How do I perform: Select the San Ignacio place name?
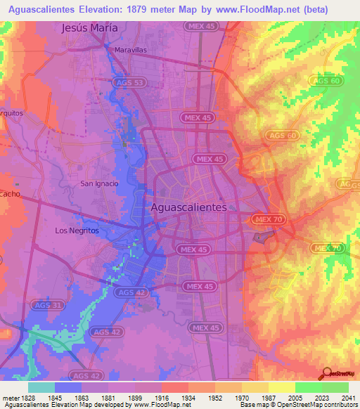point(98,183)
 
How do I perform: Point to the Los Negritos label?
point(77,230)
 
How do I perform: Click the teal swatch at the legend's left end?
point(41,387)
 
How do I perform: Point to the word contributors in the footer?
point(337,405)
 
